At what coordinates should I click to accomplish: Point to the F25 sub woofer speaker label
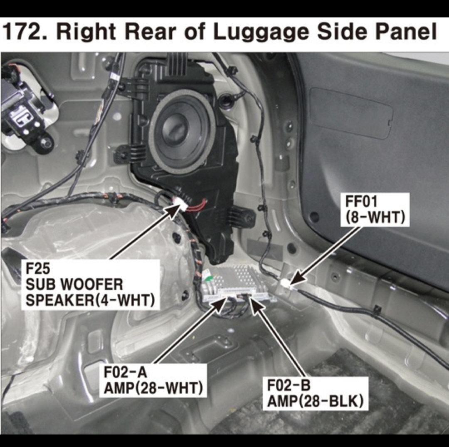90,285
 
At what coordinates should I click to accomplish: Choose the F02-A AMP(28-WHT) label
153,380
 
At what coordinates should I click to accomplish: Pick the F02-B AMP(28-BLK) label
315,393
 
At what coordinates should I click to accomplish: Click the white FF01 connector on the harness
284,284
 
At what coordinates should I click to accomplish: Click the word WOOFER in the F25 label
92,285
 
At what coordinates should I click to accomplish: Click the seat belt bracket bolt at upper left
46,142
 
